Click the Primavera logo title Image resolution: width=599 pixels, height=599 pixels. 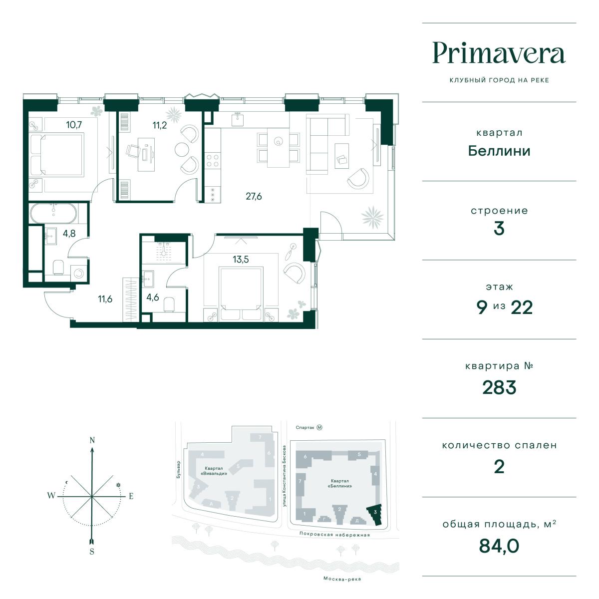coord(499,53)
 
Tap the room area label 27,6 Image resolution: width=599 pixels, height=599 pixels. coord(254,196)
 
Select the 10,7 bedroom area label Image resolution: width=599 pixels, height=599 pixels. coord(74,125)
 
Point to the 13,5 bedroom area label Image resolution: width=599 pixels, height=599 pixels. coord(241,259)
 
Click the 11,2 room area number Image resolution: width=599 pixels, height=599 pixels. coord(159,125)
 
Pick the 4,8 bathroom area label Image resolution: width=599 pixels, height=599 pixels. coord(69,233)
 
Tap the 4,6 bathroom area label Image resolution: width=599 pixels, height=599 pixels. coord(153,297)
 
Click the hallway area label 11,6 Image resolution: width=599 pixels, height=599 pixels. coord(105,299)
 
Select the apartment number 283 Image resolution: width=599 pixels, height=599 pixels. coord(499,387)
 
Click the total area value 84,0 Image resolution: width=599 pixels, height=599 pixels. coord(499,546)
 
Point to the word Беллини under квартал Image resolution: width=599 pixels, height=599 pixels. coord(499,151)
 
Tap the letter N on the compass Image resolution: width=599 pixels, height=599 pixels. coord(92,440)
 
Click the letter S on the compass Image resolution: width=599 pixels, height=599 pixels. coord(92,552)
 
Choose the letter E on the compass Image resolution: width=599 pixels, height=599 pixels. coord(131,496)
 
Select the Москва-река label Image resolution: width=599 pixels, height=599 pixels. coord(342,579)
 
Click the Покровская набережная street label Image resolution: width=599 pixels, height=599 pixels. coord(334,535)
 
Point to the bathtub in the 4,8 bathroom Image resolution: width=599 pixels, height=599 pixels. coord(53,213)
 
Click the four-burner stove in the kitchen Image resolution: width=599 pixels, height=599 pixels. coord(213,161)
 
